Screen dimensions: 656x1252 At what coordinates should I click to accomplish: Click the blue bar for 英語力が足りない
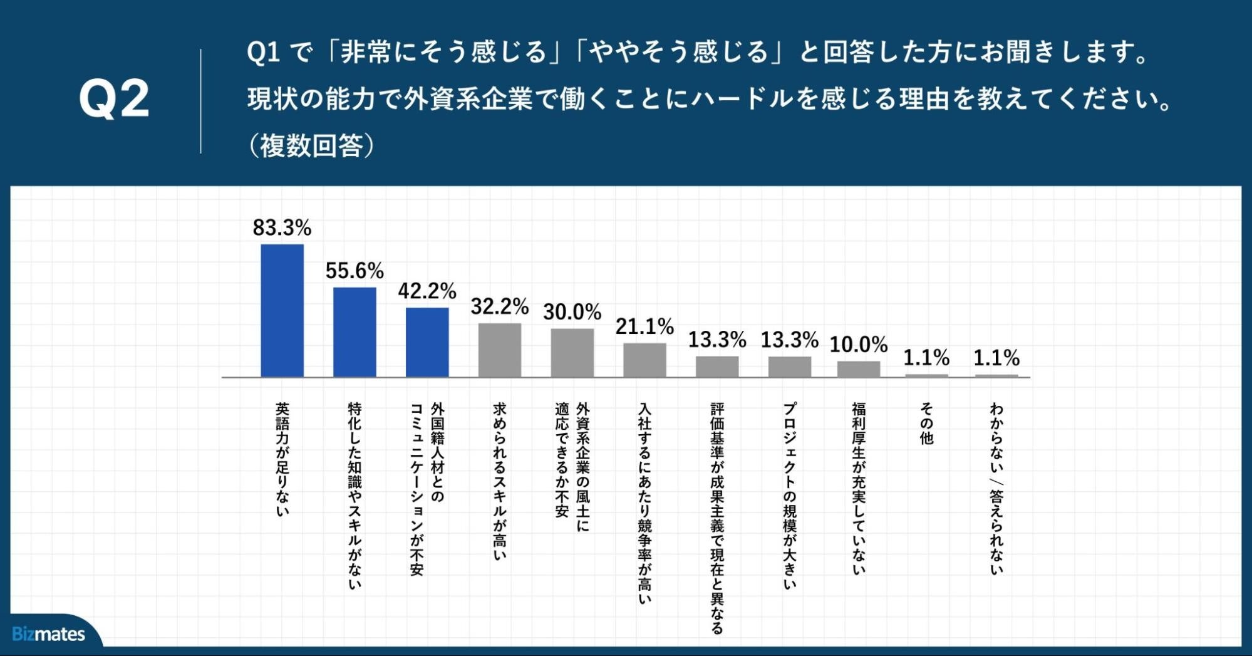(x=282, y=310)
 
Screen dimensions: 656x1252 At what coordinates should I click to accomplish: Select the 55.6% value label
(x=354, y=271)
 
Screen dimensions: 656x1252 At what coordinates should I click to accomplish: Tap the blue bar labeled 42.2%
(x=427, y=342)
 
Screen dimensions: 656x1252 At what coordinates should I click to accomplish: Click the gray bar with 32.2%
(x=499, y=350)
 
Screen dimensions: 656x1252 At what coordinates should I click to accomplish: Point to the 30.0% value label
(x=572, y=311)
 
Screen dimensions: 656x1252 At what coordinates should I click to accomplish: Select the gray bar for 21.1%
(x=644, y=360)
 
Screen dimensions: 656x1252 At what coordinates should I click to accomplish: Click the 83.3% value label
(x=282, y=227)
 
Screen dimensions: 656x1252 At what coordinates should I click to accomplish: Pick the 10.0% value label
(x=859, y=344)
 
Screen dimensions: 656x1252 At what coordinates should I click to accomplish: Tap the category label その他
(x=926, y=424)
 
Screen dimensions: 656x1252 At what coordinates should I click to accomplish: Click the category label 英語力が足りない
(x=282, y=459)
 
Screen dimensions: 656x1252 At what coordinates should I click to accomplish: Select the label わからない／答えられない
(x=996, y=489)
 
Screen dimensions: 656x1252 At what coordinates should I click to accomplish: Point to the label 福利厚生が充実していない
(x=859, y=488)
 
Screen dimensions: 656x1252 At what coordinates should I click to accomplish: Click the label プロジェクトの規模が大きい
(x=790, y=495)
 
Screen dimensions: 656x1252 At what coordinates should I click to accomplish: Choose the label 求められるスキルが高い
(x=499, y=481)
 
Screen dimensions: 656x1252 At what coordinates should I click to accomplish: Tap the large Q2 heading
(x=114, y=99)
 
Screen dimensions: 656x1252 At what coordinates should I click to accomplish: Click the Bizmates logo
(x=48, y=634)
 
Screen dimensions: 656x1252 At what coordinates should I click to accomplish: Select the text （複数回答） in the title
(x=311, y=145)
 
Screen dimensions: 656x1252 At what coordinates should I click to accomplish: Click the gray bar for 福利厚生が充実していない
(x=859, y=369)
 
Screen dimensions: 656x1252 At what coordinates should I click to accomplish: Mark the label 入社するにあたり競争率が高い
(x=644, y=502)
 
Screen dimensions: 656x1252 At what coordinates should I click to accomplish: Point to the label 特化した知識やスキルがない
(x=354, y=495)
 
